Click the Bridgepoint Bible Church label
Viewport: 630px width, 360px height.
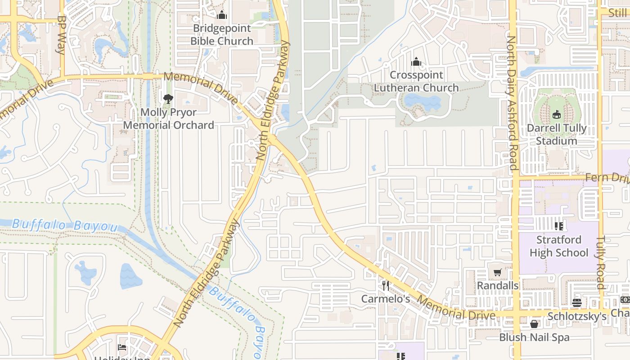221,35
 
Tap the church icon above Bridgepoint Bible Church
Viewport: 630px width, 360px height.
221,15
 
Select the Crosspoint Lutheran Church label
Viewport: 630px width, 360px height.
416,81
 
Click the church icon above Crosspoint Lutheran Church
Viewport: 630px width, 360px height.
416,62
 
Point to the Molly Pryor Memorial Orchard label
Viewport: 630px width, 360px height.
168,118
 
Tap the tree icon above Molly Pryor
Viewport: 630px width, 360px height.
168,99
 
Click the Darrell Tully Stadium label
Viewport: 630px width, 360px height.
557,134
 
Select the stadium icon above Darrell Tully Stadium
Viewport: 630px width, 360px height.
557,115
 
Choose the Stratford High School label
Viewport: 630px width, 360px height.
558,246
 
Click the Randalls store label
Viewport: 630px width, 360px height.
497,285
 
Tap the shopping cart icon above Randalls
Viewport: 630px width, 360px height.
497,272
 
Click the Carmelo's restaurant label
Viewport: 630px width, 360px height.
386,299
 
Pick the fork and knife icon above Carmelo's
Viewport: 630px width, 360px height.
386,285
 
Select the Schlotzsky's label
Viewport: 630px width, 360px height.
577,316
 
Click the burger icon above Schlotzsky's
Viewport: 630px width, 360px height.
577,303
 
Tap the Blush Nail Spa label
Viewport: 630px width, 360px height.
534,337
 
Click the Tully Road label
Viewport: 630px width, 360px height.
601,263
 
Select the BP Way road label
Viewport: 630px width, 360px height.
62,35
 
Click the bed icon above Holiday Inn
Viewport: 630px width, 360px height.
121,347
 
